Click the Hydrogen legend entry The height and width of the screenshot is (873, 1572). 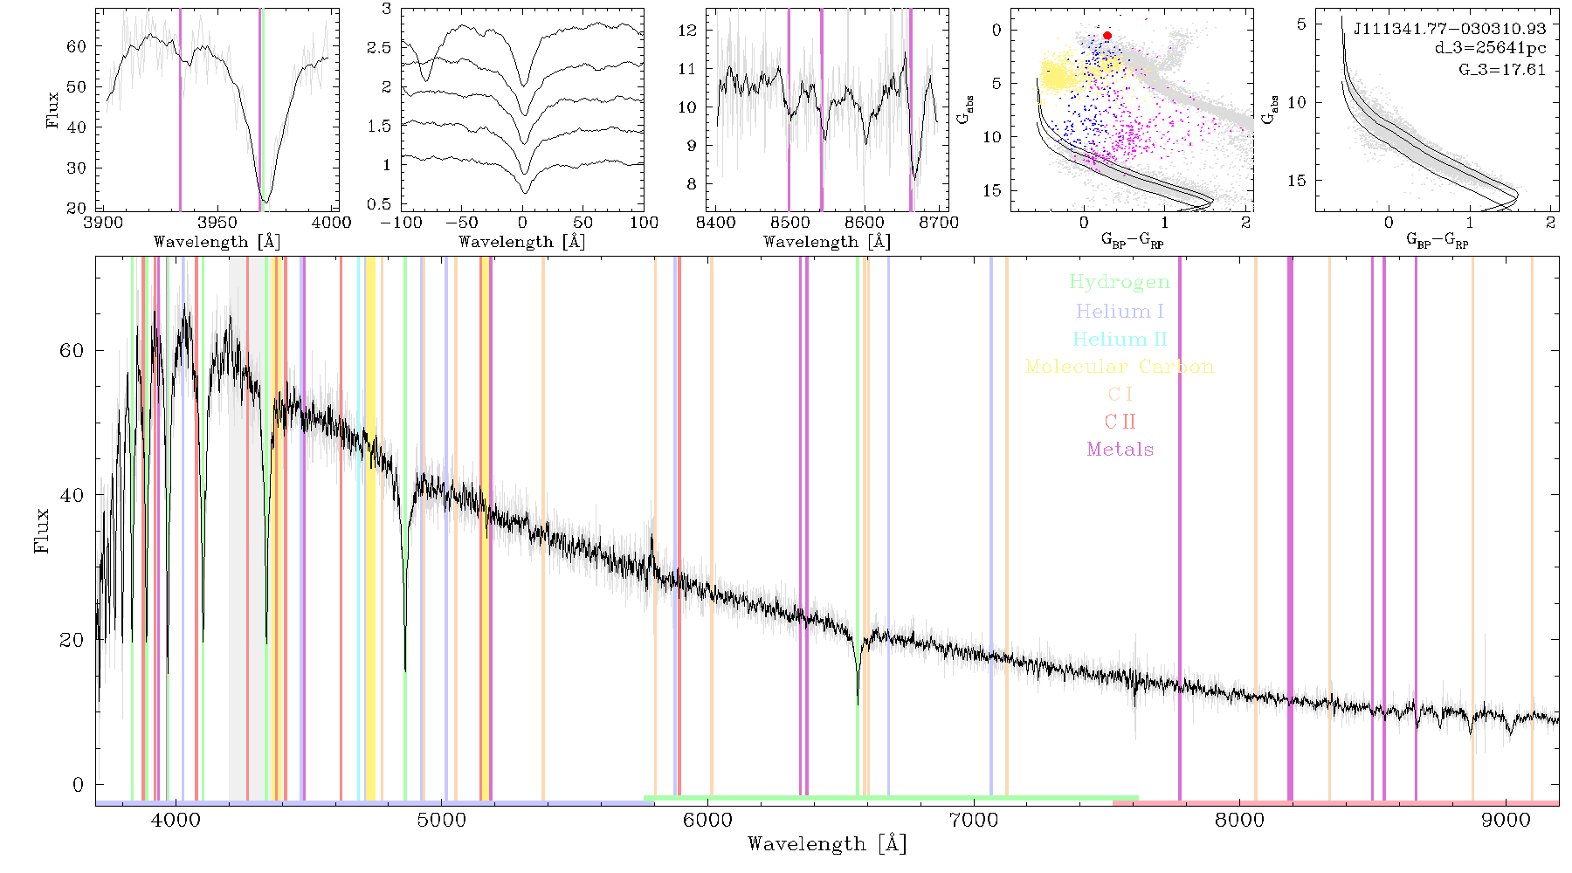1120,282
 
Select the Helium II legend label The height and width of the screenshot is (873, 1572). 1120,339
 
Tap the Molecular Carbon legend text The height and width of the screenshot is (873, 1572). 1120,367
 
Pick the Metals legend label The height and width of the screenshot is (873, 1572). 1120,449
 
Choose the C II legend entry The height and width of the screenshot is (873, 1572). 1120,422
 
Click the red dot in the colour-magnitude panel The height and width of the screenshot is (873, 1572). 1107,36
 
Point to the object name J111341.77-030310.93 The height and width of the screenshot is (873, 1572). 1449,29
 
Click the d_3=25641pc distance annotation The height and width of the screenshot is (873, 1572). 1490,49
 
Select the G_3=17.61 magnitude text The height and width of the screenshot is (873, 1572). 1502,69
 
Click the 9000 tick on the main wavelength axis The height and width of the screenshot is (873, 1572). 1506,820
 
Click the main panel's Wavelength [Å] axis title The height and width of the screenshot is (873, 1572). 827,844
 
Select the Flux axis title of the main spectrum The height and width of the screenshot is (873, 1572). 41,531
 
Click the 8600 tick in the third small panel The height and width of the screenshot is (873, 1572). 865,222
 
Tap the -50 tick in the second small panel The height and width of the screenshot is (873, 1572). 461,222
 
